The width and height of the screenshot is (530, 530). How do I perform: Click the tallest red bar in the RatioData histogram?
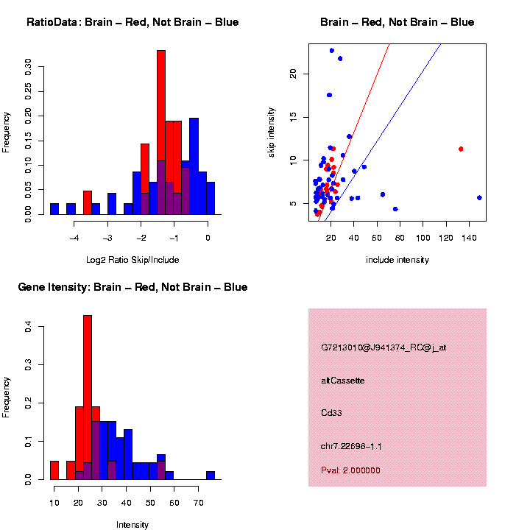coord(161,132)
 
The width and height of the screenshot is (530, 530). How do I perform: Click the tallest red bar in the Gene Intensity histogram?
coord(88,397)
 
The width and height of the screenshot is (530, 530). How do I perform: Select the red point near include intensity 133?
coord(461,149)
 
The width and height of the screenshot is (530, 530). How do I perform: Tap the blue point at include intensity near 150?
coord(479,197)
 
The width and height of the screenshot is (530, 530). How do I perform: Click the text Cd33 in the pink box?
coord(332,413)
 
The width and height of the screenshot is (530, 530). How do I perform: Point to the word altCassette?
coord(343,381)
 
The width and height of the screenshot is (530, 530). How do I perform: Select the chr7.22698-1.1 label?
coord(351,446)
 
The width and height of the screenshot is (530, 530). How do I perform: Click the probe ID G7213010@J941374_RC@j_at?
coord(384,347)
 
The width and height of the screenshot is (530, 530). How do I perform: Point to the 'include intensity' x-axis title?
coord(397,260)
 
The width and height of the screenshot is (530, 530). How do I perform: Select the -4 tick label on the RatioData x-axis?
coord(74,238)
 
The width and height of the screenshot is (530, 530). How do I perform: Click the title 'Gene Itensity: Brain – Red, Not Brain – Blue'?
coord(132,287)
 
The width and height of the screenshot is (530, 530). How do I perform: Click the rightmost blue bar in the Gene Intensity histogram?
coord(211,476)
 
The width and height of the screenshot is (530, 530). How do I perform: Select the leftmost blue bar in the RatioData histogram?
coord(54,209)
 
